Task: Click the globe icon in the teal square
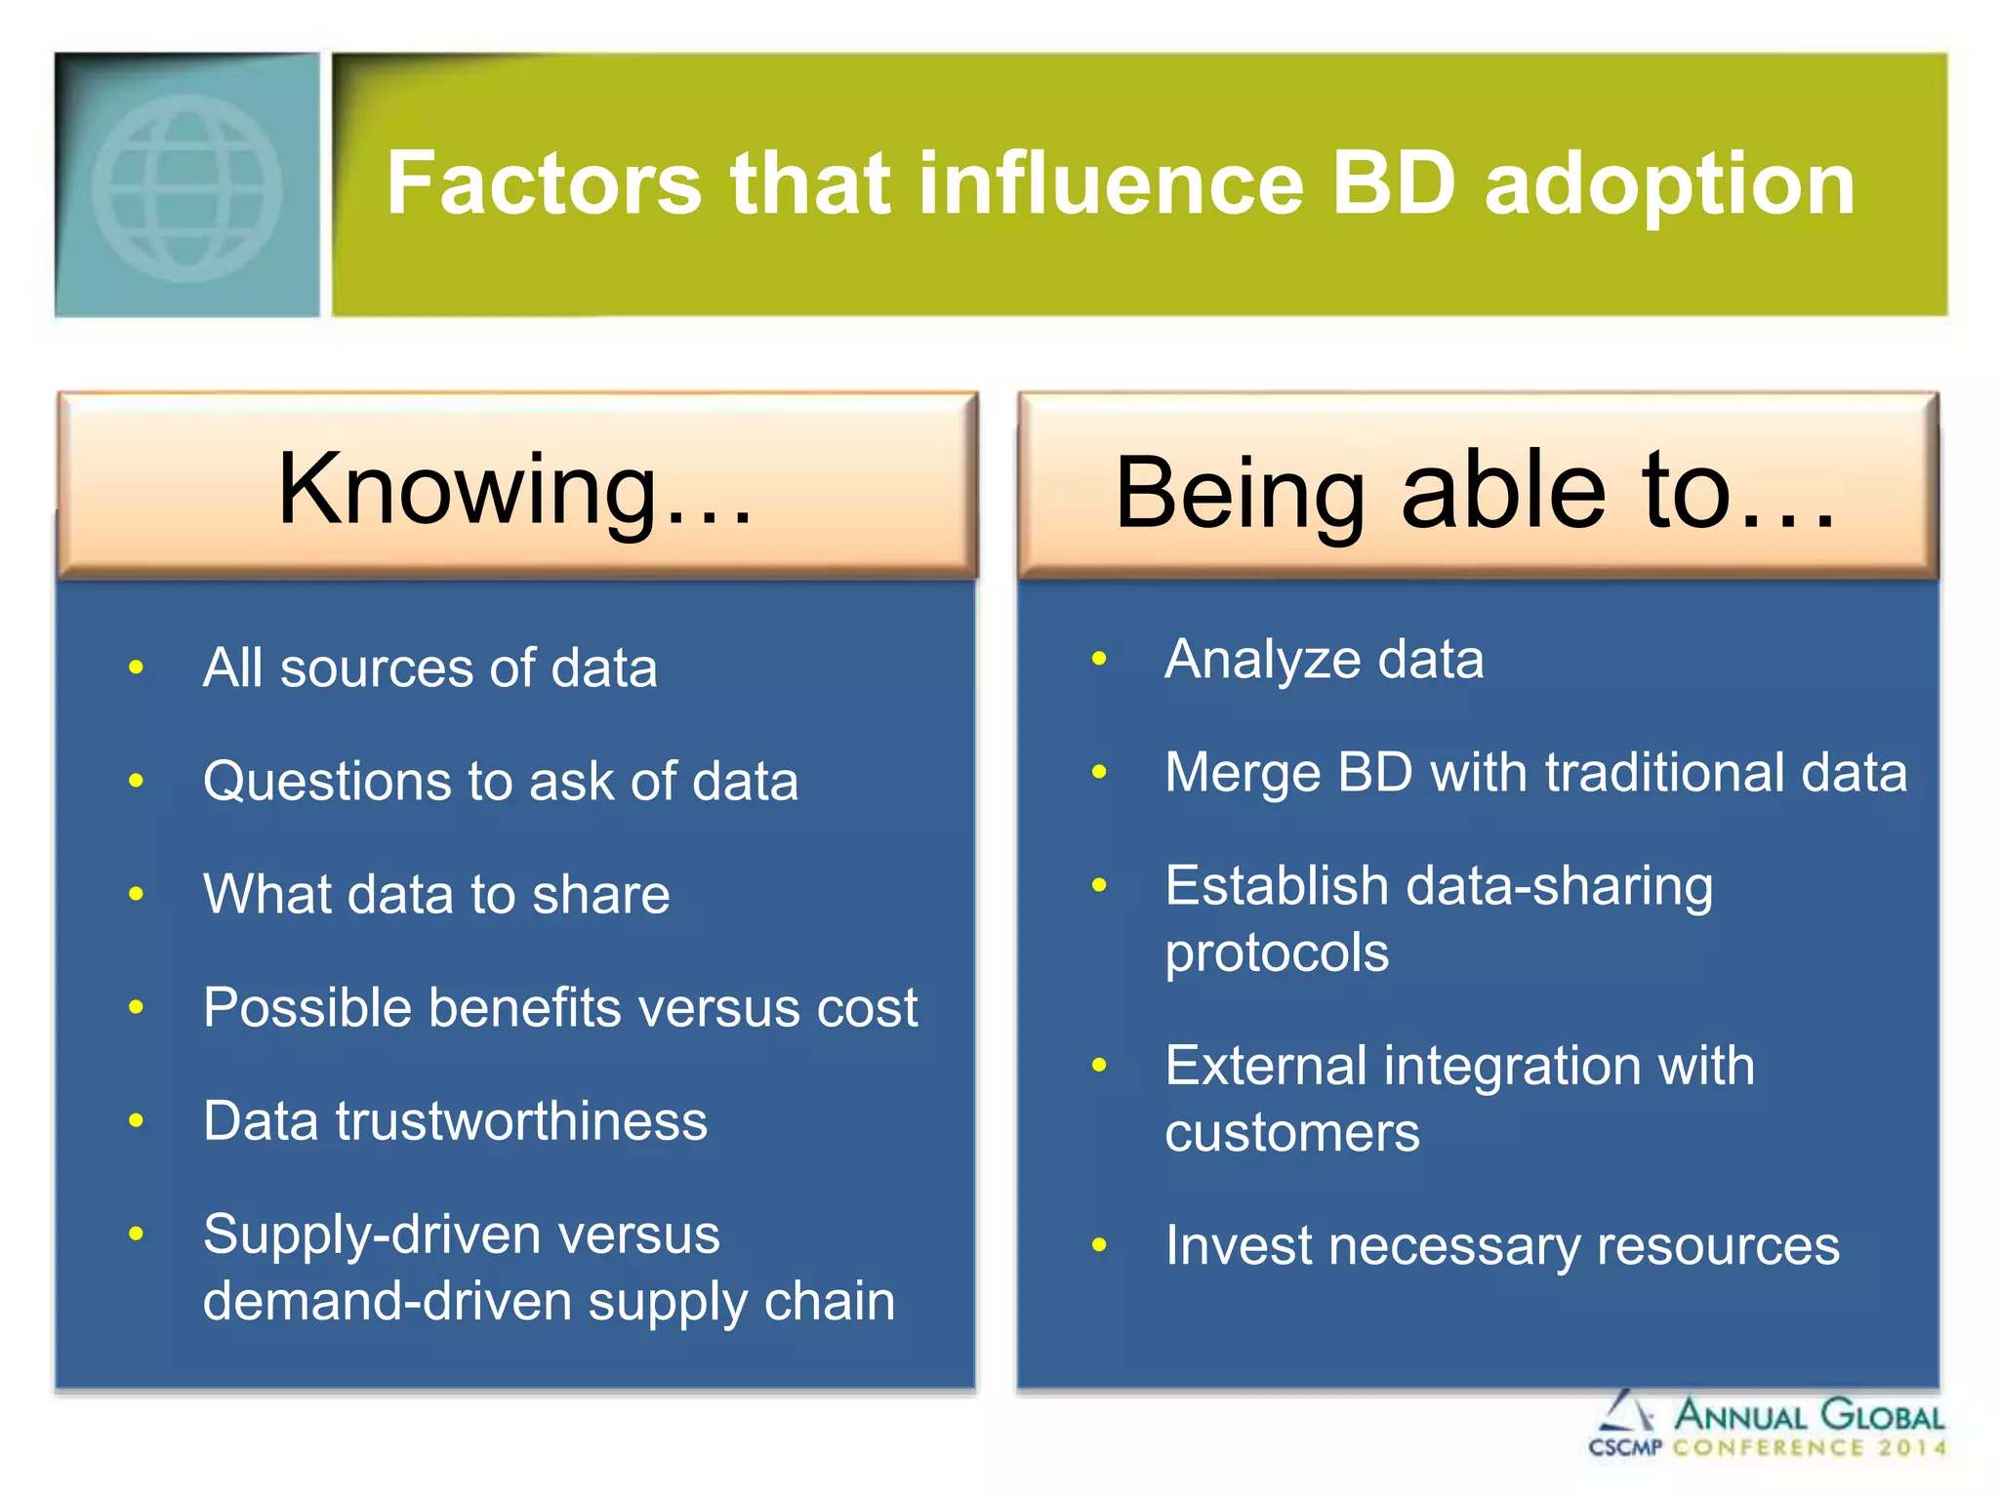tap(186, 187)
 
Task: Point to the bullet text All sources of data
tap(429, 668)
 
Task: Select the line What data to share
tap(436, 895)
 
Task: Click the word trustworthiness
tap(521, 1121)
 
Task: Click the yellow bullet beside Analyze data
tap(1099, 660)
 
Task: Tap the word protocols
tap(1277, 952)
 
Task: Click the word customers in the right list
tap(1292, 1133)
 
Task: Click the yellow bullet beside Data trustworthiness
tap(137, 1121)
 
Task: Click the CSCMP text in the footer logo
tap(1624, 1447)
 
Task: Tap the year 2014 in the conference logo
tap(1911, 1447)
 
